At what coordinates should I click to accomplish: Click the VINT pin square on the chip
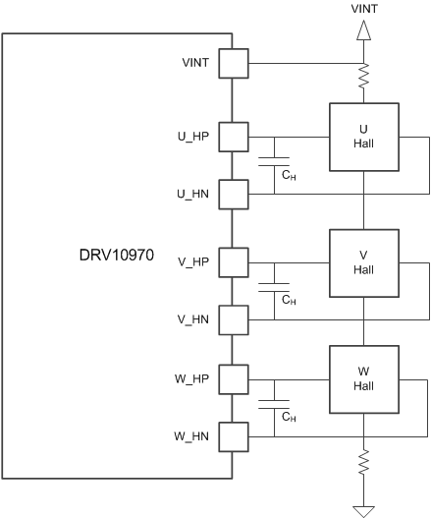(x=233, y=66)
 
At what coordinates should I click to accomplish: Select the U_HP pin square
(x=233, y=137)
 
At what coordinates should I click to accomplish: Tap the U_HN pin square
(x=233, y=194)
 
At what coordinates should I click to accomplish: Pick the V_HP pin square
(x=233, y=262)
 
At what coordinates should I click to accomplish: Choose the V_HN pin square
(x=233, y=319)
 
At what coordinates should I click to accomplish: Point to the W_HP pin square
(x=233, y=378)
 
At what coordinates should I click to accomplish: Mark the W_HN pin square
(x=233, y=435)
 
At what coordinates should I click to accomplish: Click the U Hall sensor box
(x=363, y=138)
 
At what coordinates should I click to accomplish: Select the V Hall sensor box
(x=363, y=262)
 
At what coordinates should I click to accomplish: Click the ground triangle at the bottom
(x=363, y=510)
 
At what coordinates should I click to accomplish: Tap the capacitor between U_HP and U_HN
(x=275, y=165)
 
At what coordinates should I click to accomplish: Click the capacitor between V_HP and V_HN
(x=275, y=291)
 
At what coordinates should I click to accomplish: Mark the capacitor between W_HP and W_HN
(x=275, y=407)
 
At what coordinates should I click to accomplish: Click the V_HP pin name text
(x=195, y=262)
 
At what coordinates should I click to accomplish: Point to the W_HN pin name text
(x=194, y=435)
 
